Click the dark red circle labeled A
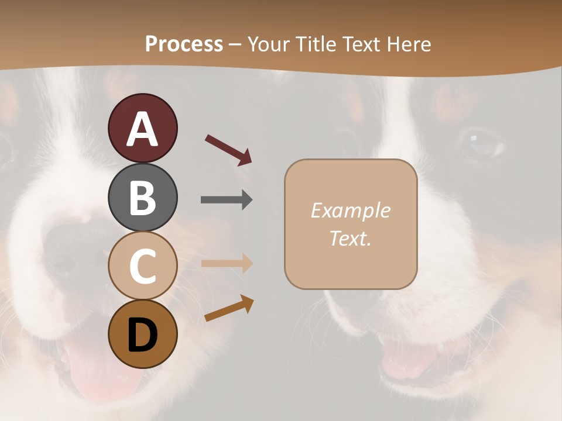point(142,128)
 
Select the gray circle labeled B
point(142,197)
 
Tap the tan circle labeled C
point(142,265)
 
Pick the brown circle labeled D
point(142,334)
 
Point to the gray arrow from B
point(227,200)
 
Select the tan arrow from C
point(227,263)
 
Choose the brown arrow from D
point(229,308)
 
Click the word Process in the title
point(184,44)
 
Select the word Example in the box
point(350,210)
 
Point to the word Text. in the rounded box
point(350,238)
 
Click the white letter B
point(142,197)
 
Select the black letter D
point(142,335)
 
